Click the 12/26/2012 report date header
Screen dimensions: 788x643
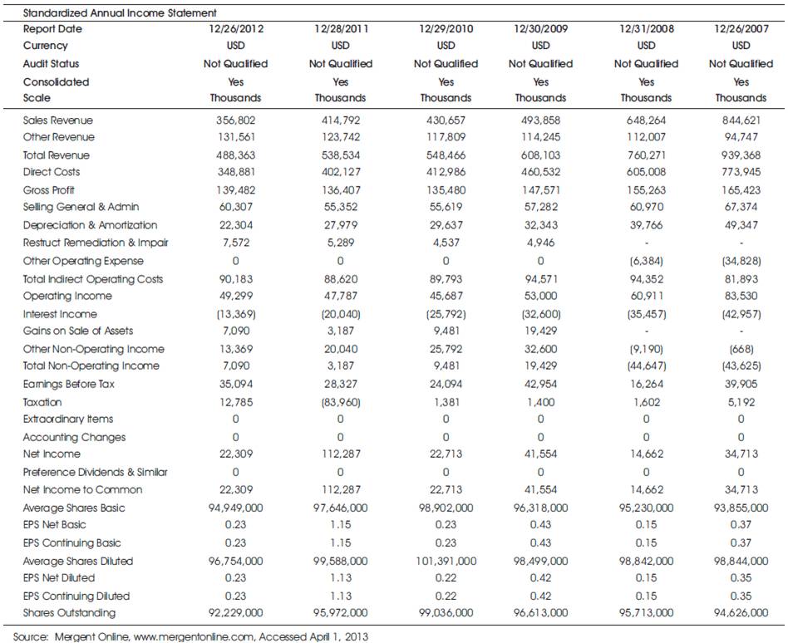tap(236, 28)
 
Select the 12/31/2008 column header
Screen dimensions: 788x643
tap(647, 28)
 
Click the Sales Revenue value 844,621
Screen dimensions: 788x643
tap(741, 120)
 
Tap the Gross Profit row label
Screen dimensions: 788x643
tap(49, 190)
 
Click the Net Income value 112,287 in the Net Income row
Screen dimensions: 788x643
tap(341, 454)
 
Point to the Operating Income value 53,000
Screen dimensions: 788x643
tap(541, 296)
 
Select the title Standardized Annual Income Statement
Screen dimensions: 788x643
tap(120, 12)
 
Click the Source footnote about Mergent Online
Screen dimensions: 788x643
tap(190, 636)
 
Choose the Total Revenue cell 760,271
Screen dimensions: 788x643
tap(647, 155)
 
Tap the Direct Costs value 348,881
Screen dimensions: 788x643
tap(236, 172)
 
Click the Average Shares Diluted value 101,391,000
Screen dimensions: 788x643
tap(446, 561)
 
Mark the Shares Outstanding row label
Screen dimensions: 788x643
tap(69, 612)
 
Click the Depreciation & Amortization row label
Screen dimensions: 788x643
tap(90, 225)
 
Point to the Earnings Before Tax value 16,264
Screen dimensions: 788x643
tap(647, 384)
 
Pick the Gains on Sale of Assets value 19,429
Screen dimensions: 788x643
tap(541, 331)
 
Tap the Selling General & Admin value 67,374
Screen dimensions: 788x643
tap(741, 207)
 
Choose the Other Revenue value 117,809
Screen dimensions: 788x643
tap(446, 136)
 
